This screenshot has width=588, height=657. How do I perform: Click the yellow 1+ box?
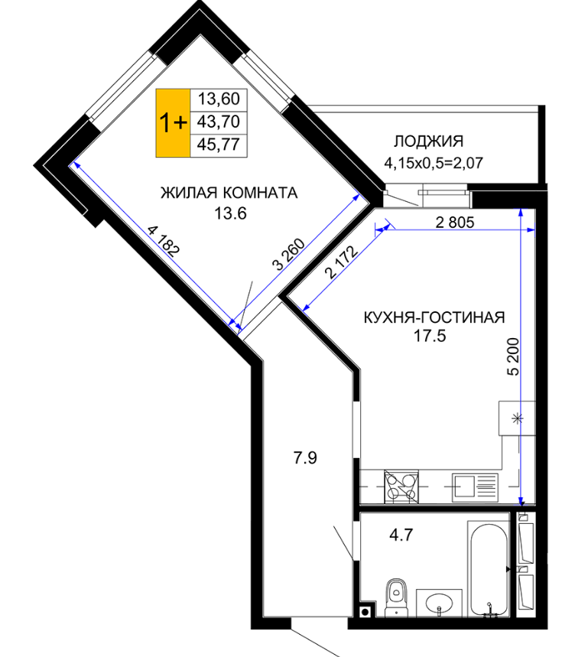coord(173,123)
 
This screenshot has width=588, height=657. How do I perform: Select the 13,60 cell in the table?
coord(219,99)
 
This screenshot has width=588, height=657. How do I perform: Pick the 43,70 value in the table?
coord(219,122)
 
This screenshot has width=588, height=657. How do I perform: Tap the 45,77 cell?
coord(219,145)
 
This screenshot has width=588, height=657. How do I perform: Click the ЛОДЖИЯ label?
coord(428,141)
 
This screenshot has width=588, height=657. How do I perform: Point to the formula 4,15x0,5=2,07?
coord(434,163)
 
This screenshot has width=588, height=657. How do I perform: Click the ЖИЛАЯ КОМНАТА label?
coord(229,193)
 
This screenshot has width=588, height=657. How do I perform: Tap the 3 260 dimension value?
coord(288,254)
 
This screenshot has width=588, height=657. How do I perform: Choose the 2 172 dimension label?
coord(342,262)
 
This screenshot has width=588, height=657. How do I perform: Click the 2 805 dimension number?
coord(455,222)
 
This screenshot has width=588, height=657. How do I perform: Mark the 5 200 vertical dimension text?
coord(512,356)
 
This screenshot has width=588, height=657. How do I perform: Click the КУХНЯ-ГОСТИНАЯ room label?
coord(434,317)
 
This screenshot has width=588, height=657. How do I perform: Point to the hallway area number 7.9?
coord(305,458)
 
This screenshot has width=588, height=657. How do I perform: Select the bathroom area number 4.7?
coord(401,535)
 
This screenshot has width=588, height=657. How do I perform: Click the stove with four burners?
coord(401,487)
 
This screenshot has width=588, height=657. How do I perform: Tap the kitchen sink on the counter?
coord(475,488)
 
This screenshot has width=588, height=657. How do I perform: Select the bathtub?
coord(488,570)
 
